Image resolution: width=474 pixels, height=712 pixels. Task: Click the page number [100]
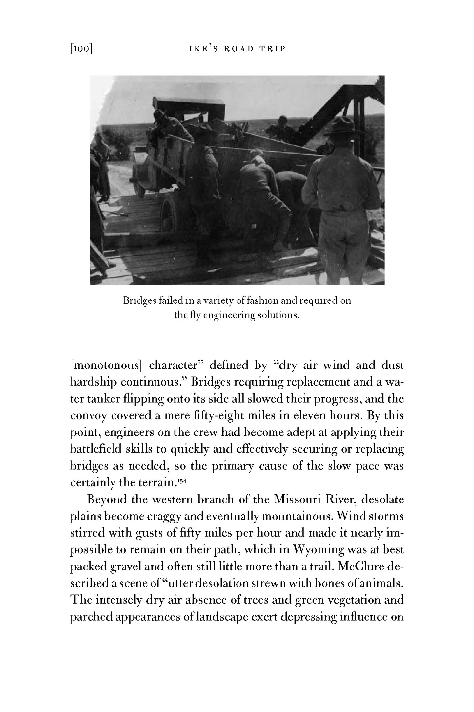(x=81, y=49)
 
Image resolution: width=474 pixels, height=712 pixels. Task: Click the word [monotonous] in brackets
(x=106, y=366)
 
